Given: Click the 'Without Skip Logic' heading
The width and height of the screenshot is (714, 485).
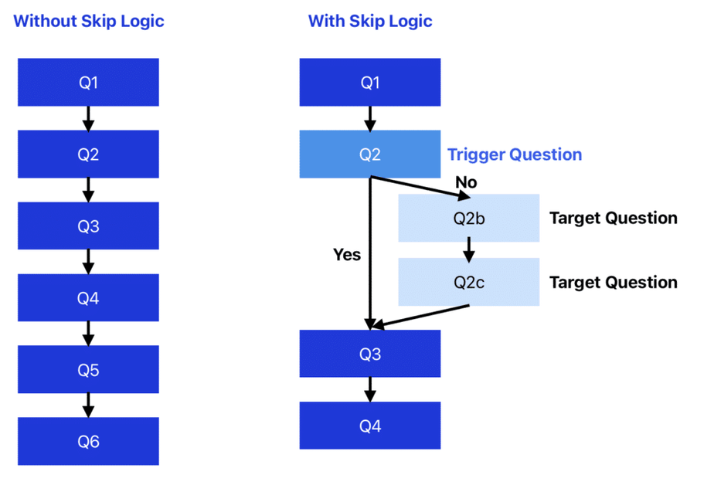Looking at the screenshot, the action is point(89,22).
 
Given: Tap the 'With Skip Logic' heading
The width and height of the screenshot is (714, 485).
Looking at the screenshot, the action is point(370,22).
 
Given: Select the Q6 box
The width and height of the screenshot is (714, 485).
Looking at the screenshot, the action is point(88,441).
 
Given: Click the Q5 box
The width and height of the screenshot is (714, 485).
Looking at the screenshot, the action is point(88,369).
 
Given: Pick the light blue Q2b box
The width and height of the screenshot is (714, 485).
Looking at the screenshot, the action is point(469,218).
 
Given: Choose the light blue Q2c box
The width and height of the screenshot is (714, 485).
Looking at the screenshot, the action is point(469,282).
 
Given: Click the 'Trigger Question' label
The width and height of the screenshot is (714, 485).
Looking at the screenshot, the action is point(515,154).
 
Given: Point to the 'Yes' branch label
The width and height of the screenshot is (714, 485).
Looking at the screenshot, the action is point(347,255).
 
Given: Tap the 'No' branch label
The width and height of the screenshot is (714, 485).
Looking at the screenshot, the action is point(466,182).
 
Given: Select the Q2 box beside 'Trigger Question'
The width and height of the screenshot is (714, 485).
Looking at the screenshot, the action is point(369,154).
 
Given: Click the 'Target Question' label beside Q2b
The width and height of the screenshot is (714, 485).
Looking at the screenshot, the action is point(614,219).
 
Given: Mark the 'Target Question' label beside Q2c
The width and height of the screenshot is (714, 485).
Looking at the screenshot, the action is point(614,283).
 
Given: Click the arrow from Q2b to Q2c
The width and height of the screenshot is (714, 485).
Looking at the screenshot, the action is point(469,249).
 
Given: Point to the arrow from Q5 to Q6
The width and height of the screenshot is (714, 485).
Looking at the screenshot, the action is point(88,405).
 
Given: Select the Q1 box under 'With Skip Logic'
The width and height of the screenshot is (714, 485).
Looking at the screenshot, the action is point(369,82).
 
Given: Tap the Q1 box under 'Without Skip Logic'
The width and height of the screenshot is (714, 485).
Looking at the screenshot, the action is point(88,82).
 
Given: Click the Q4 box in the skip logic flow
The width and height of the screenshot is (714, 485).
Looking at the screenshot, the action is point(369,426).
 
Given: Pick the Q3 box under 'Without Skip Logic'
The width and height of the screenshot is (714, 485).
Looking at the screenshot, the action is point(88,226).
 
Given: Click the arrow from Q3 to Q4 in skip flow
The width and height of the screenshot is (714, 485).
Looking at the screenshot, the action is point(369,389).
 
